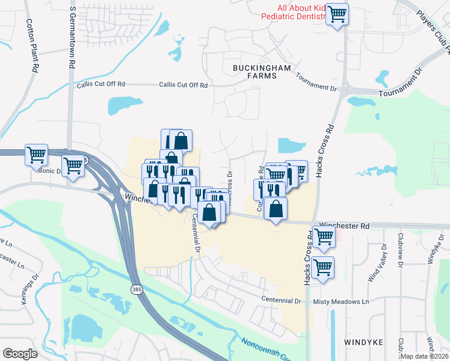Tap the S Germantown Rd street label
tap(73, 36)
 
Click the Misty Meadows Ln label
tap(341, 301)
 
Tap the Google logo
tap(20, 354)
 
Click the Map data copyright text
tap(424, 356)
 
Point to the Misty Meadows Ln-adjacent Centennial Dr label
tap(281, 300)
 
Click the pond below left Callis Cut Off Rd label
tap(122, 106)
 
